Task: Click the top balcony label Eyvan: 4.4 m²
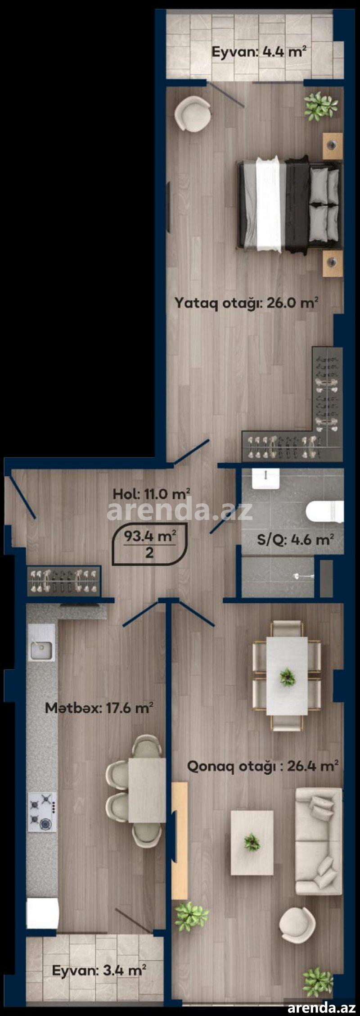(259, 52)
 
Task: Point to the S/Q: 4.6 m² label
(295, 539)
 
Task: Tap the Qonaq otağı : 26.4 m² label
(263, 766)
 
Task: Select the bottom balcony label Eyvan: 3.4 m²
(99, 970)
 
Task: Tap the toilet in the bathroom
(324, 512)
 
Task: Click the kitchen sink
(41, 650)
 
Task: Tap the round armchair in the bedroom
(193, 115)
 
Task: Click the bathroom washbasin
(265, 479)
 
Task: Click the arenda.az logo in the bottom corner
(322, 1007)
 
